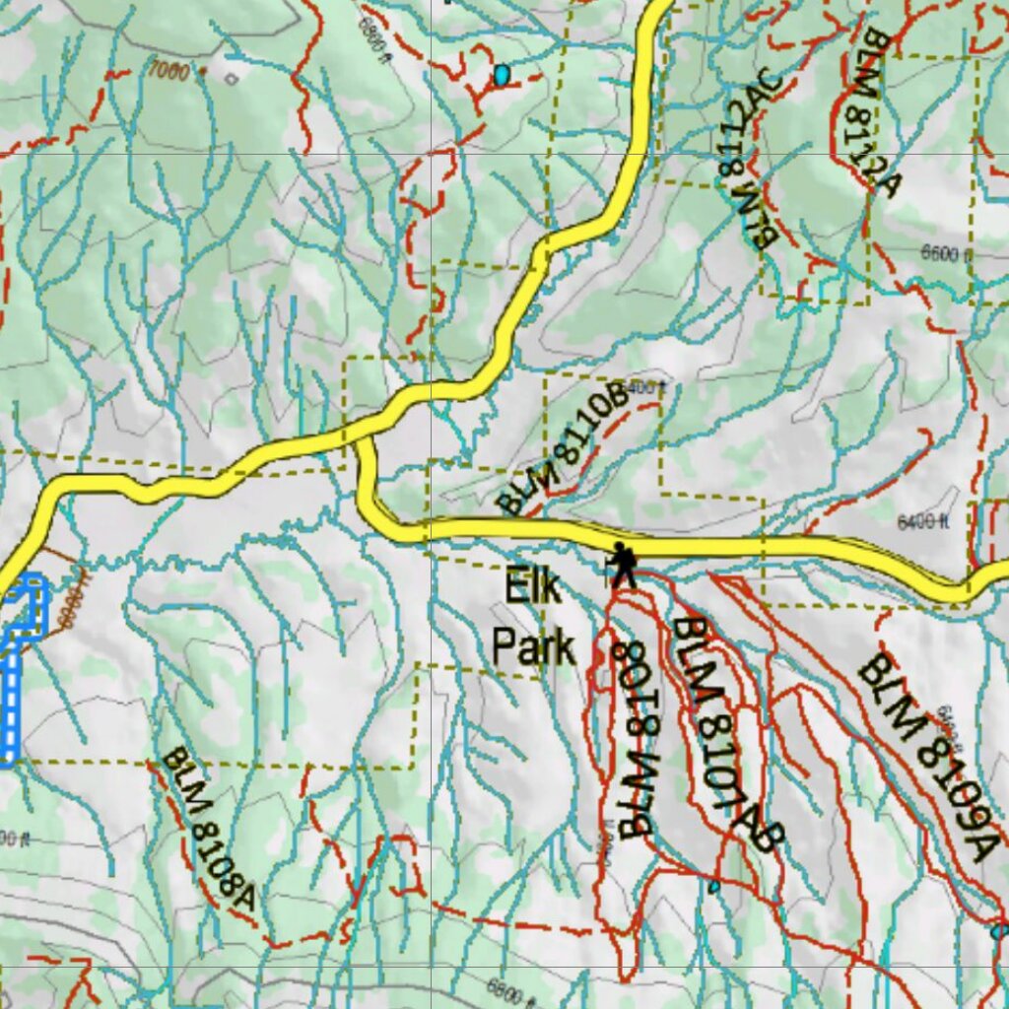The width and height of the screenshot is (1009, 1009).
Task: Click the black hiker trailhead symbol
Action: (621, 565)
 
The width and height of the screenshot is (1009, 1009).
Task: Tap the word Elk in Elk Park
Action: (533, 588)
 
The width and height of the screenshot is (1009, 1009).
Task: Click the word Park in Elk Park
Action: (533, 648)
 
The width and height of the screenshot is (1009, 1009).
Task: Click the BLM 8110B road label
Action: (563, 449)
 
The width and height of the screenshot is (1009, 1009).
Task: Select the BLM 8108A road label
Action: (209, 830)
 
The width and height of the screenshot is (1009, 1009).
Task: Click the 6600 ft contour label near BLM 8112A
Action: (946, 254)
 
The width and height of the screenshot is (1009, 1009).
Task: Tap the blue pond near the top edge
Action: (503, 75)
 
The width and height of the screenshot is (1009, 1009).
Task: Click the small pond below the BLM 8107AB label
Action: (713, 886)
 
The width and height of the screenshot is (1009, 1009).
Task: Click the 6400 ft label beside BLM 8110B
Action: (645, 388)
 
